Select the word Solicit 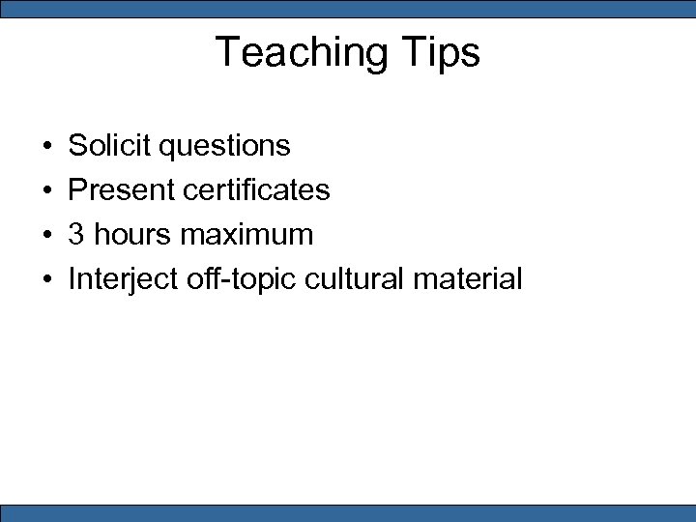pyautogui.click(x=109, y=146)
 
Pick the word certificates pyautogui.click(x=255, y=190)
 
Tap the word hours pyautogui.click(x=129, y=235)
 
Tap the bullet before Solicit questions pyautogui.click(x=47, y=147)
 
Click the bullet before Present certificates pyautogui.click(x=47, y=191)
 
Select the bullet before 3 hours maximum pyautogui.click(x=47, y=236)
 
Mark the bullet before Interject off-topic pyautogui.click(x=47, y=280)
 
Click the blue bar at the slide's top pyautogui.click(x=348, y=9)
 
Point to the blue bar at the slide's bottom pyautogui.click(x=348, y=512)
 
